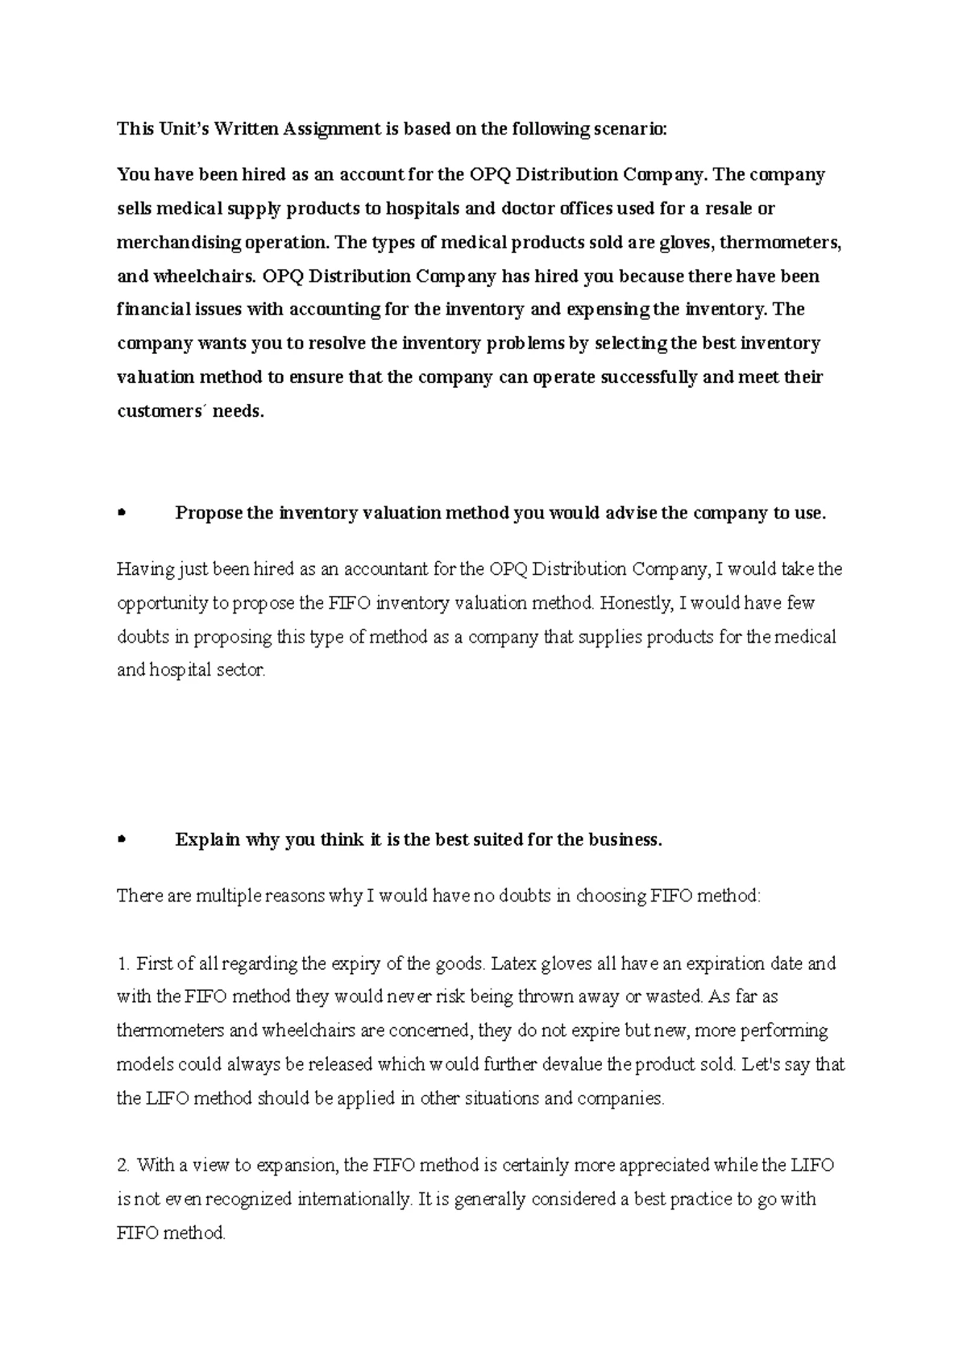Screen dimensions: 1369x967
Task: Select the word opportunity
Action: click(x=162, y=603)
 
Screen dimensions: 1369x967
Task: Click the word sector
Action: click(x=240, y=670)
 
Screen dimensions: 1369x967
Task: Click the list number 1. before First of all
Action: click(x=123, y=963)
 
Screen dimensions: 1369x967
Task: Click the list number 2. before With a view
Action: click(x=123, y=1165)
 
